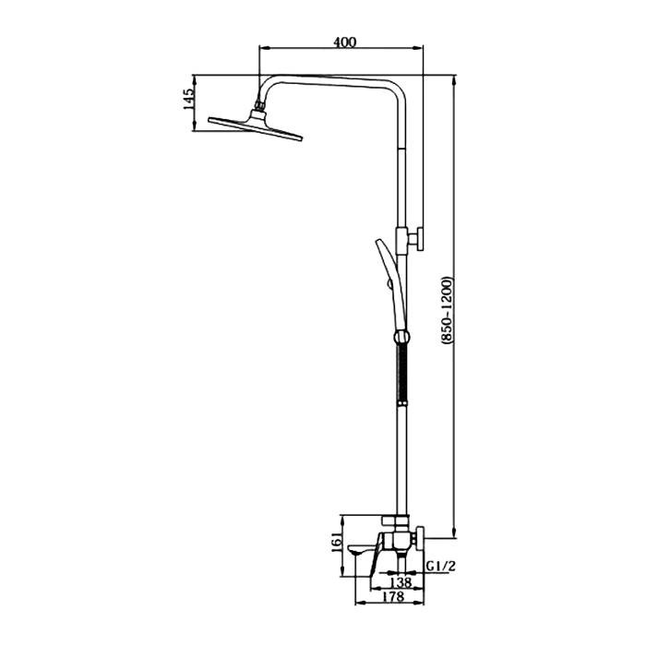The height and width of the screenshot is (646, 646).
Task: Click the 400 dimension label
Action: [x=345, y=42]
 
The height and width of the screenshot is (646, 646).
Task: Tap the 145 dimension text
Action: [x=188, y=99]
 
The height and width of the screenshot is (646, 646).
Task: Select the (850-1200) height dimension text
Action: [x=447, y=311]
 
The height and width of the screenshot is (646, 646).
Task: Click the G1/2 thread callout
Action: [x=441, y=567]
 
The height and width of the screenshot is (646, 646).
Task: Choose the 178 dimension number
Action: [x=393, y=596]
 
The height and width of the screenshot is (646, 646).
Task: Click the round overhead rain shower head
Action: [x=256, y=126]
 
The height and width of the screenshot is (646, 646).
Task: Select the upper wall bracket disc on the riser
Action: [x=420, y=238]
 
